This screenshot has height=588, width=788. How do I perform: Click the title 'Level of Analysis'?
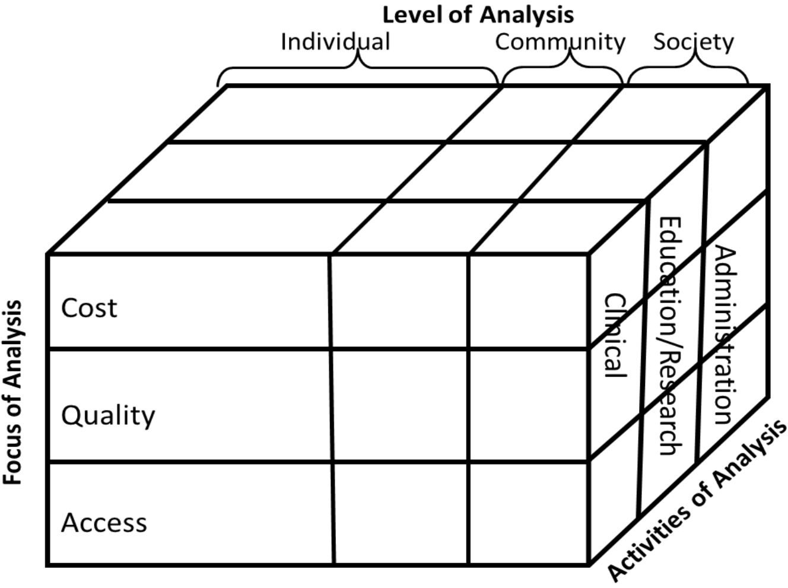[478, 14]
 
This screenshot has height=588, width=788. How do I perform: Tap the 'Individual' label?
[335, 42]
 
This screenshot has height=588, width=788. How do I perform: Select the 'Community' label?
[560, 42]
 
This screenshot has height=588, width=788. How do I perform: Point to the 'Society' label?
[693, 42]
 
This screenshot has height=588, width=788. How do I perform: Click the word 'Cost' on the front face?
[89, 308]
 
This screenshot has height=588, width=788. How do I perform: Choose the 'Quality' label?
[108, 415]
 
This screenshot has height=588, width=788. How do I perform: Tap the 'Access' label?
[104, 523]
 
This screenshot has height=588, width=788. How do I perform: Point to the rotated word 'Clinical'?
[615, 335]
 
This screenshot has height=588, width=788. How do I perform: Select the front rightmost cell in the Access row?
[528, 513]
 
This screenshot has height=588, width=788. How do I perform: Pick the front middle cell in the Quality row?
[399, 405]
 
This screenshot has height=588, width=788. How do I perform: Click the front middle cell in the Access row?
[401, 513]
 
